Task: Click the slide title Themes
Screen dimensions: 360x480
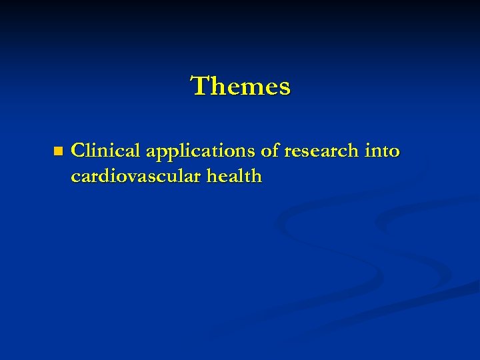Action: click(241, 86)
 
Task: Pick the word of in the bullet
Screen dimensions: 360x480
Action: click(270, 151)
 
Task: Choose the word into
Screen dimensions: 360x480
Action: click(382, 151)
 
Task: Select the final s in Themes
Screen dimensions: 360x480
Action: click(285, 88)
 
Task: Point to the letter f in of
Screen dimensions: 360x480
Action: click(275, 151)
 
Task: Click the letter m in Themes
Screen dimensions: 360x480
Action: click(249, 88)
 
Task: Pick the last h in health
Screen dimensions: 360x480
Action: click(255, 177)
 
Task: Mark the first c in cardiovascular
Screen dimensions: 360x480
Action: click(76, 178)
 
